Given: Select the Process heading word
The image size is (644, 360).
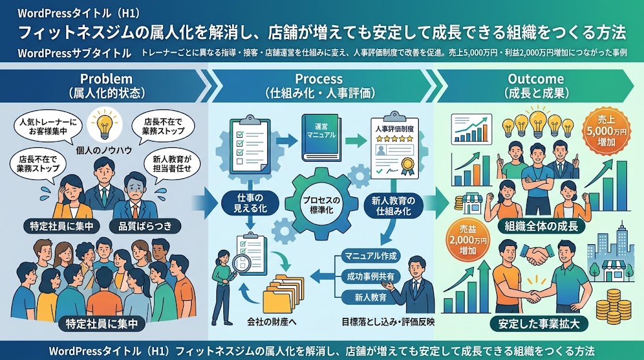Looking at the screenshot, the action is click(x=319, y=79).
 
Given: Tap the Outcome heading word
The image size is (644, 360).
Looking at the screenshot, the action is click(x=536, y=79).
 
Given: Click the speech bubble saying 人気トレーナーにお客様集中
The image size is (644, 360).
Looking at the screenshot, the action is click(x=48, y=127).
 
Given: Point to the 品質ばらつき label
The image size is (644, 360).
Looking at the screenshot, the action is click(x=145, y=225).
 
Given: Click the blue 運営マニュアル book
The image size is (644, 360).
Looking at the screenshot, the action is click(x=322, y=137).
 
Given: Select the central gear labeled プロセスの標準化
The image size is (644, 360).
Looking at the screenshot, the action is click(x=321, y=205).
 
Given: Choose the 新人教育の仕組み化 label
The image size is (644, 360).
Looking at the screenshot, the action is click(x=393, y=206).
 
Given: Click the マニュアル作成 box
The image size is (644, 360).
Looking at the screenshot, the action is click(x=370, y=256).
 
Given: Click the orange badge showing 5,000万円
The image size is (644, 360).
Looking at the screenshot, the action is click(x=606, y=131).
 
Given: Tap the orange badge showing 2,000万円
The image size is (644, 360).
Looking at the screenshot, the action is click(x=468, y=240).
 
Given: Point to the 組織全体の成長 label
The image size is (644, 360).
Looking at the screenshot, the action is click(x=541, y=225).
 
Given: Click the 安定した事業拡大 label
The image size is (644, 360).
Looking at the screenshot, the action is click(x=539, y=324).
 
